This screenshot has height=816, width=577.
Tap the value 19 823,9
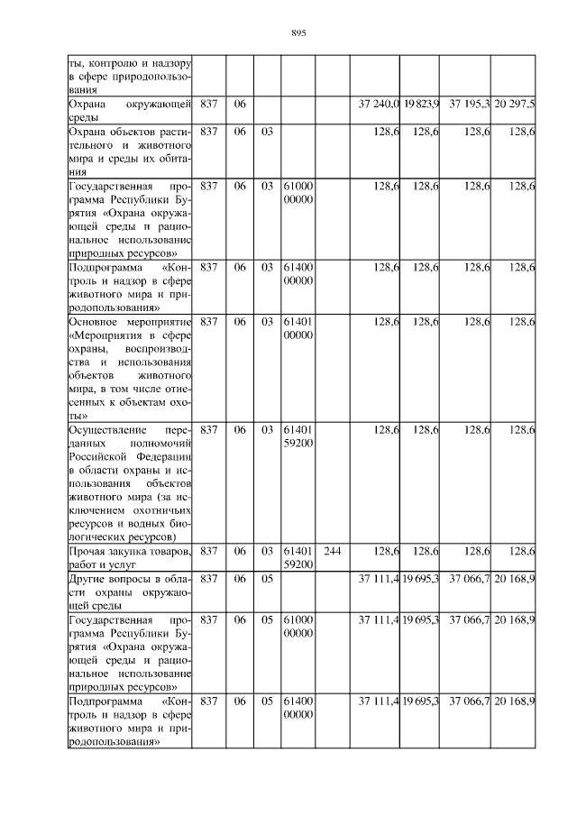pos(421,105)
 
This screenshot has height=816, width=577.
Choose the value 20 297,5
pos(515,105)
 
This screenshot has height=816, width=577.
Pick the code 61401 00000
pos(298,328)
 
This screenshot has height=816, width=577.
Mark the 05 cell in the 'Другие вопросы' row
pos(267,577)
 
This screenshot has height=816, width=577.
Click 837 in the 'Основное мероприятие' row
pos(209,322)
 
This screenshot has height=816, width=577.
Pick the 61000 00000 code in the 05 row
pos(298,628)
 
